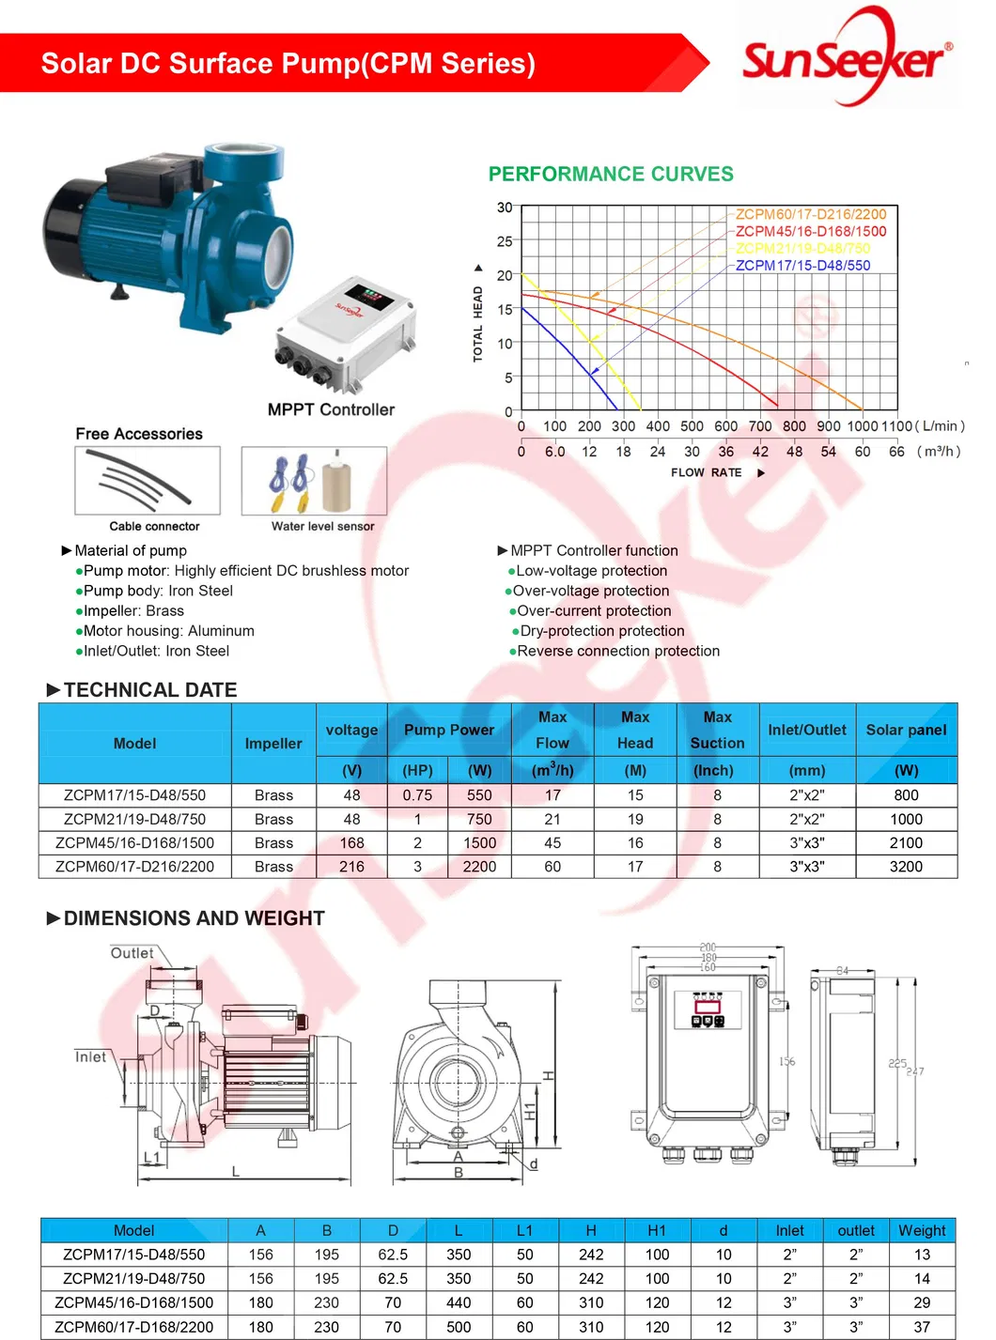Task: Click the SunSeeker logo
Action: tap(846, 58)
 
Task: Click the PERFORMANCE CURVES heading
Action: tap(611, 174)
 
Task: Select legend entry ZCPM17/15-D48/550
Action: tap(802, 266)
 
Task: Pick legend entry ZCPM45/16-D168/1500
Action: tap(810, 231)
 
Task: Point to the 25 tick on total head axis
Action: tap(505, 241)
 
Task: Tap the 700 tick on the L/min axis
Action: tap(759, 426)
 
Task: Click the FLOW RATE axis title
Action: tap(707, 472)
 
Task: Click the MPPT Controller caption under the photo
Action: tap(331, 409)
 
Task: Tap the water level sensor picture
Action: tap(314, 481)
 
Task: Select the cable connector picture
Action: tap(148, 481)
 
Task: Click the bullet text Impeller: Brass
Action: tap(133, 610)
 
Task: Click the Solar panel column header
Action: tap(906, 730)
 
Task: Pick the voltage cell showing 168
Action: tap(351, 842)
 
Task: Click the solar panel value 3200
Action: tap(906, 866)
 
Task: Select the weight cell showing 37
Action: tap(922, 1327)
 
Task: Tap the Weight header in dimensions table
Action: tap(922, 1230)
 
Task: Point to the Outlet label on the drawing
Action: tap(132, 953)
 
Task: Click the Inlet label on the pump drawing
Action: tap(91, 1056)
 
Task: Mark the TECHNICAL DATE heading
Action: tap(150, 689)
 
